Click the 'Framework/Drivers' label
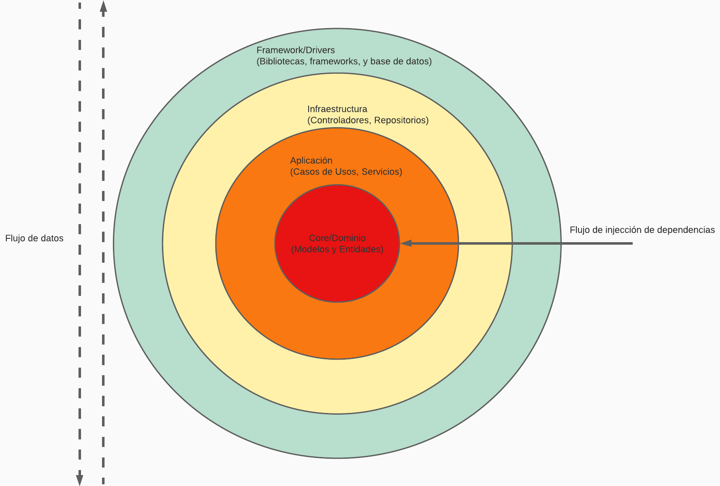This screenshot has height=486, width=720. click(296, 50)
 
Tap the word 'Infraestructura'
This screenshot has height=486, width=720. click(337, 109)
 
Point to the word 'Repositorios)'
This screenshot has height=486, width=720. click(401, 120)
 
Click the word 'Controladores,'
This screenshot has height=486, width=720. click(340, 120)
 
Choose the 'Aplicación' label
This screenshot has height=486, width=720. click(311, 161)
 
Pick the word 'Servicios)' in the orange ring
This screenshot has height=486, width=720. click(382, 172)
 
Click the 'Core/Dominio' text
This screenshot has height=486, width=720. click(337, 238)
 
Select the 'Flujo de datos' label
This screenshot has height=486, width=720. click(34, 238)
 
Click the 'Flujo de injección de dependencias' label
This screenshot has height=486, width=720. click(642, 230)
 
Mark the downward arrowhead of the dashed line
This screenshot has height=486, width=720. click(79, 480)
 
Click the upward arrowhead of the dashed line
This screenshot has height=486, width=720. click(103, 6)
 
